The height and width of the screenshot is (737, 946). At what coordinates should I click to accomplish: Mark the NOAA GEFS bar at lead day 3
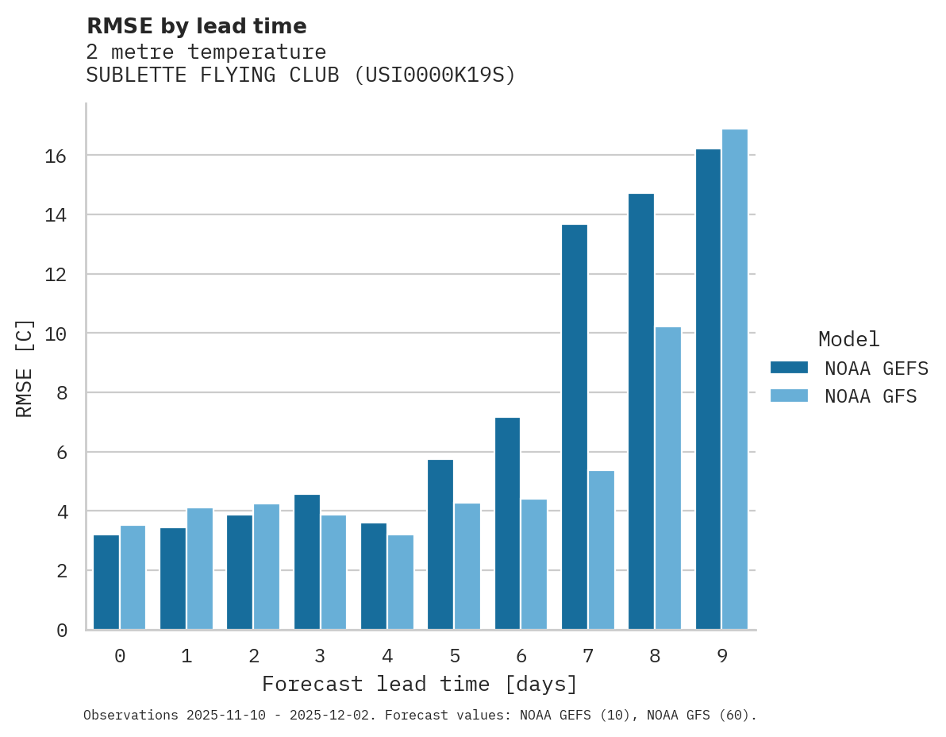(x=307, y=562)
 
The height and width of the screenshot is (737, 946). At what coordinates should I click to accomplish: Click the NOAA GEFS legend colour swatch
(x=789, y=368)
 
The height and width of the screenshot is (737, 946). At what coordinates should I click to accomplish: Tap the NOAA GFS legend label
(x=871, y=396)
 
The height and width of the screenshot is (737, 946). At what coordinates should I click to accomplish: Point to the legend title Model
(x=849, y=340)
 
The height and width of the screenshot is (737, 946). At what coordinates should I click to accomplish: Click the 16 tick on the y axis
(x=55, y=156)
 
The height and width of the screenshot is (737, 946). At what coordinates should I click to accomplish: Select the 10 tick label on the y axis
(x=55, y=334)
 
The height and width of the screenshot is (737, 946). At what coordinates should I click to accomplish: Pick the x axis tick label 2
(x=253, y=656)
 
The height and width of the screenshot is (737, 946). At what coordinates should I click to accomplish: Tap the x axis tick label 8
(x=655, y=656)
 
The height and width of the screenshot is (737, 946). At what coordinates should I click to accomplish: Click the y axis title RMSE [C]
(x=25, y=368)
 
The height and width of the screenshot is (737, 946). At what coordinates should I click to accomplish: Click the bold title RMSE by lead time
(x=196, y=26)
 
